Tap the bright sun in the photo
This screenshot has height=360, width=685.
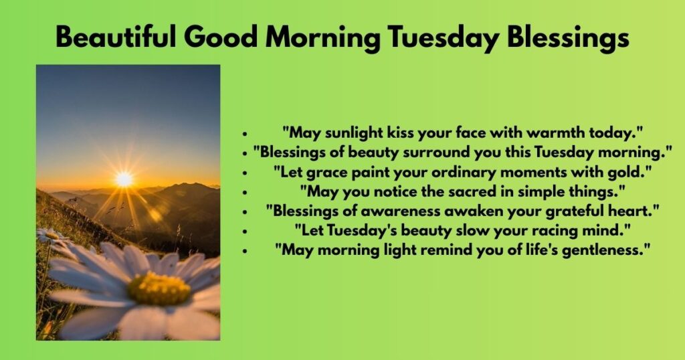pos(124,179)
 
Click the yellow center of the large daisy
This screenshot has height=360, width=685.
pos(159,288)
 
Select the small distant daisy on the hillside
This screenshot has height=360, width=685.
pos(49,236)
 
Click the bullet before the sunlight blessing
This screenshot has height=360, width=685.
pos(246,132)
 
